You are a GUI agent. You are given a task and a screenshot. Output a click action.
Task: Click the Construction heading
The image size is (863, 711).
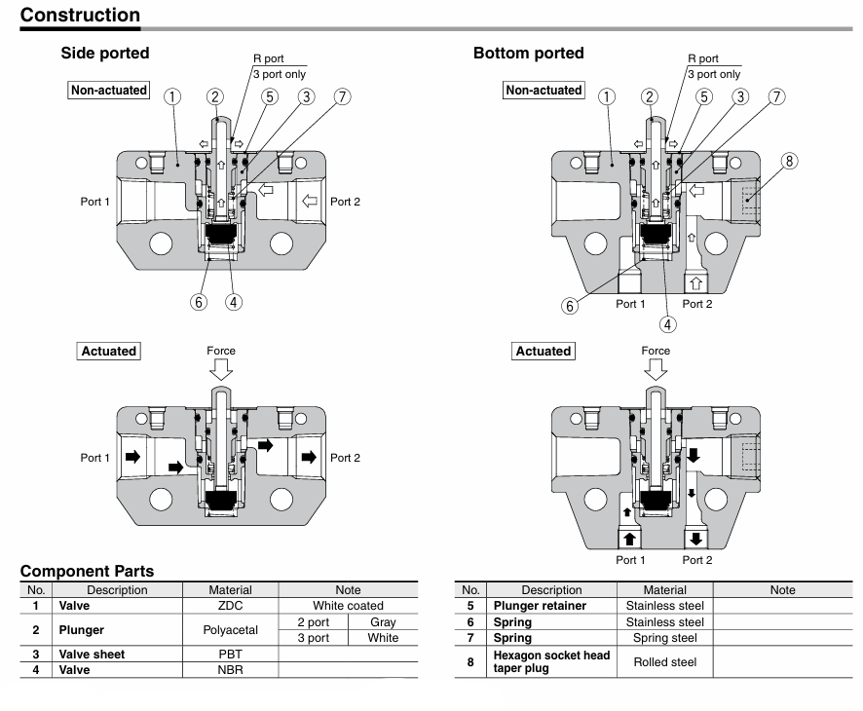coord(80,15)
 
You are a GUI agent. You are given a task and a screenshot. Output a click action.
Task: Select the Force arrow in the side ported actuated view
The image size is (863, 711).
coord(221,368)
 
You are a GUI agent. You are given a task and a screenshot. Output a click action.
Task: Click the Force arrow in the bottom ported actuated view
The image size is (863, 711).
coord(657,368)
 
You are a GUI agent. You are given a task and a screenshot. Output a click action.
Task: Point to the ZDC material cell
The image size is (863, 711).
coord(230,605)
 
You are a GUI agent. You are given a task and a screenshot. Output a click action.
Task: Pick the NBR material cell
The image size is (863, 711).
coord(230,670)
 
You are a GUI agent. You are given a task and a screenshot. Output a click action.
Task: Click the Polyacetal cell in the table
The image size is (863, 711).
coord(230,630)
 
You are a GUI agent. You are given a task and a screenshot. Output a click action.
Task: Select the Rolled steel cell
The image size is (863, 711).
coord(664,662)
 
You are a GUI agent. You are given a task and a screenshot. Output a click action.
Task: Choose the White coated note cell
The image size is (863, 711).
coord(348,605)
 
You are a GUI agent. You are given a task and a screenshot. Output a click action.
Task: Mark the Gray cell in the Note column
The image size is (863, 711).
coord(383,622)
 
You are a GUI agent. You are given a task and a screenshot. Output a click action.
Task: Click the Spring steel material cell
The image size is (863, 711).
coord(664,638)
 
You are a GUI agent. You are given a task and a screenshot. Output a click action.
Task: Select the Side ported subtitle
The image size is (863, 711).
coord(105,54)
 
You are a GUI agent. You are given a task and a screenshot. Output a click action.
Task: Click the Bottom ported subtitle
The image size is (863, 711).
coord(528,54)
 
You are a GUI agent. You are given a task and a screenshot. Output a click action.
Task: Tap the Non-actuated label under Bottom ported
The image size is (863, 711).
coord(544,91)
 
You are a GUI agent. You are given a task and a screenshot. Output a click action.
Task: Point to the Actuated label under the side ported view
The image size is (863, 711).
coord(109,351)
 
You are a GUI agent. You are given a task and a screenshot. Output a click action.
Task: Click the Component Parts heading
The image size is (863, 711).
coord(87,572)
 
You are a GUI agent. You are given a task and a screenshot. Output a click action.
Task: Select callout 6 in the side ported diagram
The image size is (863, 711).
coord(199,301)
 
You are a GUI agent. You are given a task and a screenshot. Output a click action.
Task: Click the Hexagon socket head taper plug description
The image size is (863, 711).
coord(550,662)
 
